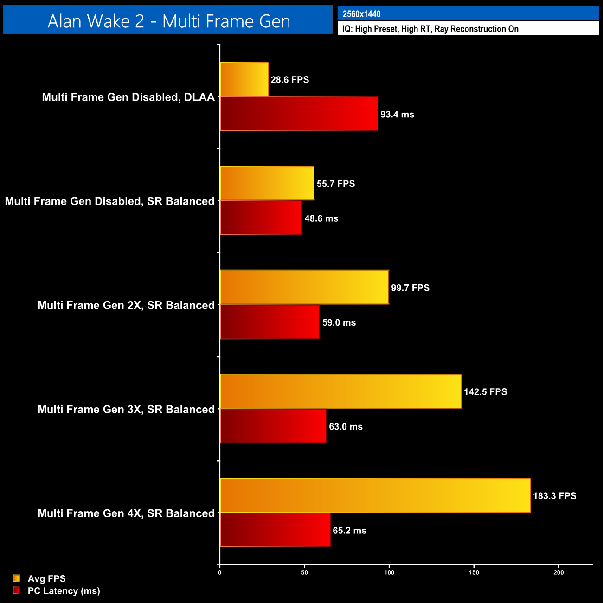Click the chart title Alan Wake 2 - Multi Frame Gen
click(x=168, y=21)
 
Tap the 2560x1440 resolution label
click(x=362, y=14)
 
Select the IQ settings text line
click(x=430, y=29)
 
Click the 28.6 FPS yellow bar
click(x=244, y=79)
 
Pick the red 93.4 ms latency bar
click(x=299, y=114)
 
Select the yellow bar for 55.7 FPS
click(x=267, y=183)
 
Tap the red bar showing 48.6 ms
click(x=261, y=218)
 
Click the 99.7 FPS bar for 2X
click(x=304, y=287)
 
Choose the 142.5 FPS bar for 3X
click(x=340, y=391)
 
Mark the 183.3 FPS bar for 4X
click(x=375, y=495)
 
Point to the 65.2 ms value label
click(x=349, y=531)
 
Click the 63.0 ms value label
click(x=346, y=427)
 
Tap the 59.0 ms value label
click(x=339, y=322)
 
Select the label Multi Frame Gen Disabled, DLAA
click(x=128, y=97)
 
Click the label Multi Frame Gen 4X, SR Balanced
click(x=126, y=513)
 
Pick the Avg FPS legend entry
click(x=46, y=579)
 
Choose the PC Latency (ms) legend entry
click(x=64, y=591)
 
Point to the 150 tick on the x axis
click(x=474, y=572)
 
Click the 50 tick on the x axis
click(x=304, y=572)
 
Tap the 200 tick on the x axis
click(x=558, y=572)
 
